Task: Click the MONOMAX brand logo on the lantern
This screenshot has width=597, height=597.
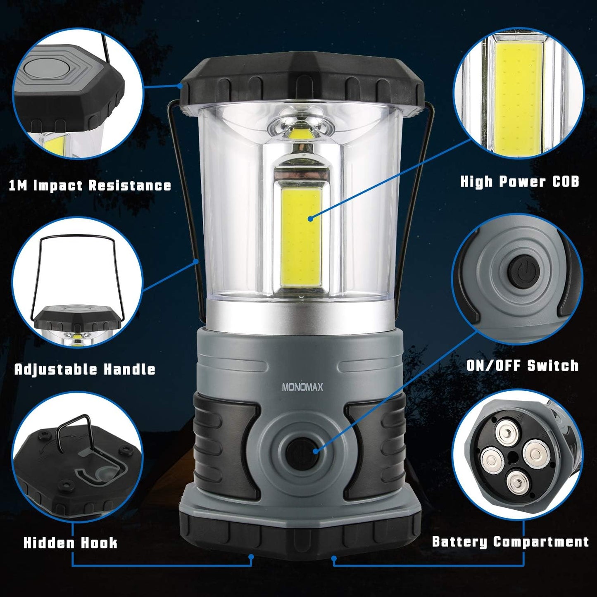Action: (x=302, y=387)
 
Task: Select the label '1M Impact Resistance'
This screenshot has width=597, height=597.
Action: (x=90, y=186)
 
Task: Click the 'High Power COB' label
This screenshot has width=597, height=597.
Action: (x=520, y=181)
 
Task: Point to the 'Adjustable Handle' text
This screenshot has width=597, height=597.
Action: (x=85, y=369)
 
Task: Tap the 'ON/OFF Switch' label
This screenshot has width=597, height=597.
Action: (x=522, y=366)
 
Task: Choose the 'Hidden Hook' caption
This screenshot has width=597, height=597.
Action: (x=70, y=542)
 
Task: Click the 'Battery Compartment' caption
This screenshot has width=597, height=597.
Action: (x=510, y=542)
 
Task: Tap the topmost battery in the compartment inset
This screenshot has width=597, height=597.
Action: (x=507, y=433)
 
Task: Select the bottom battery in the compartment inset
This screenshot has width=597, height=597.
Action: (x=518, y=482)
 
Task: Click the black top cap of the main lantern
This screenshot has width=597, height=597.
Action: (x=303, y=81)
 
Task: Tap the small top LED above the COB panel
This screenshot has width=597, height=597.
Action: (x=301, y=133)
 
